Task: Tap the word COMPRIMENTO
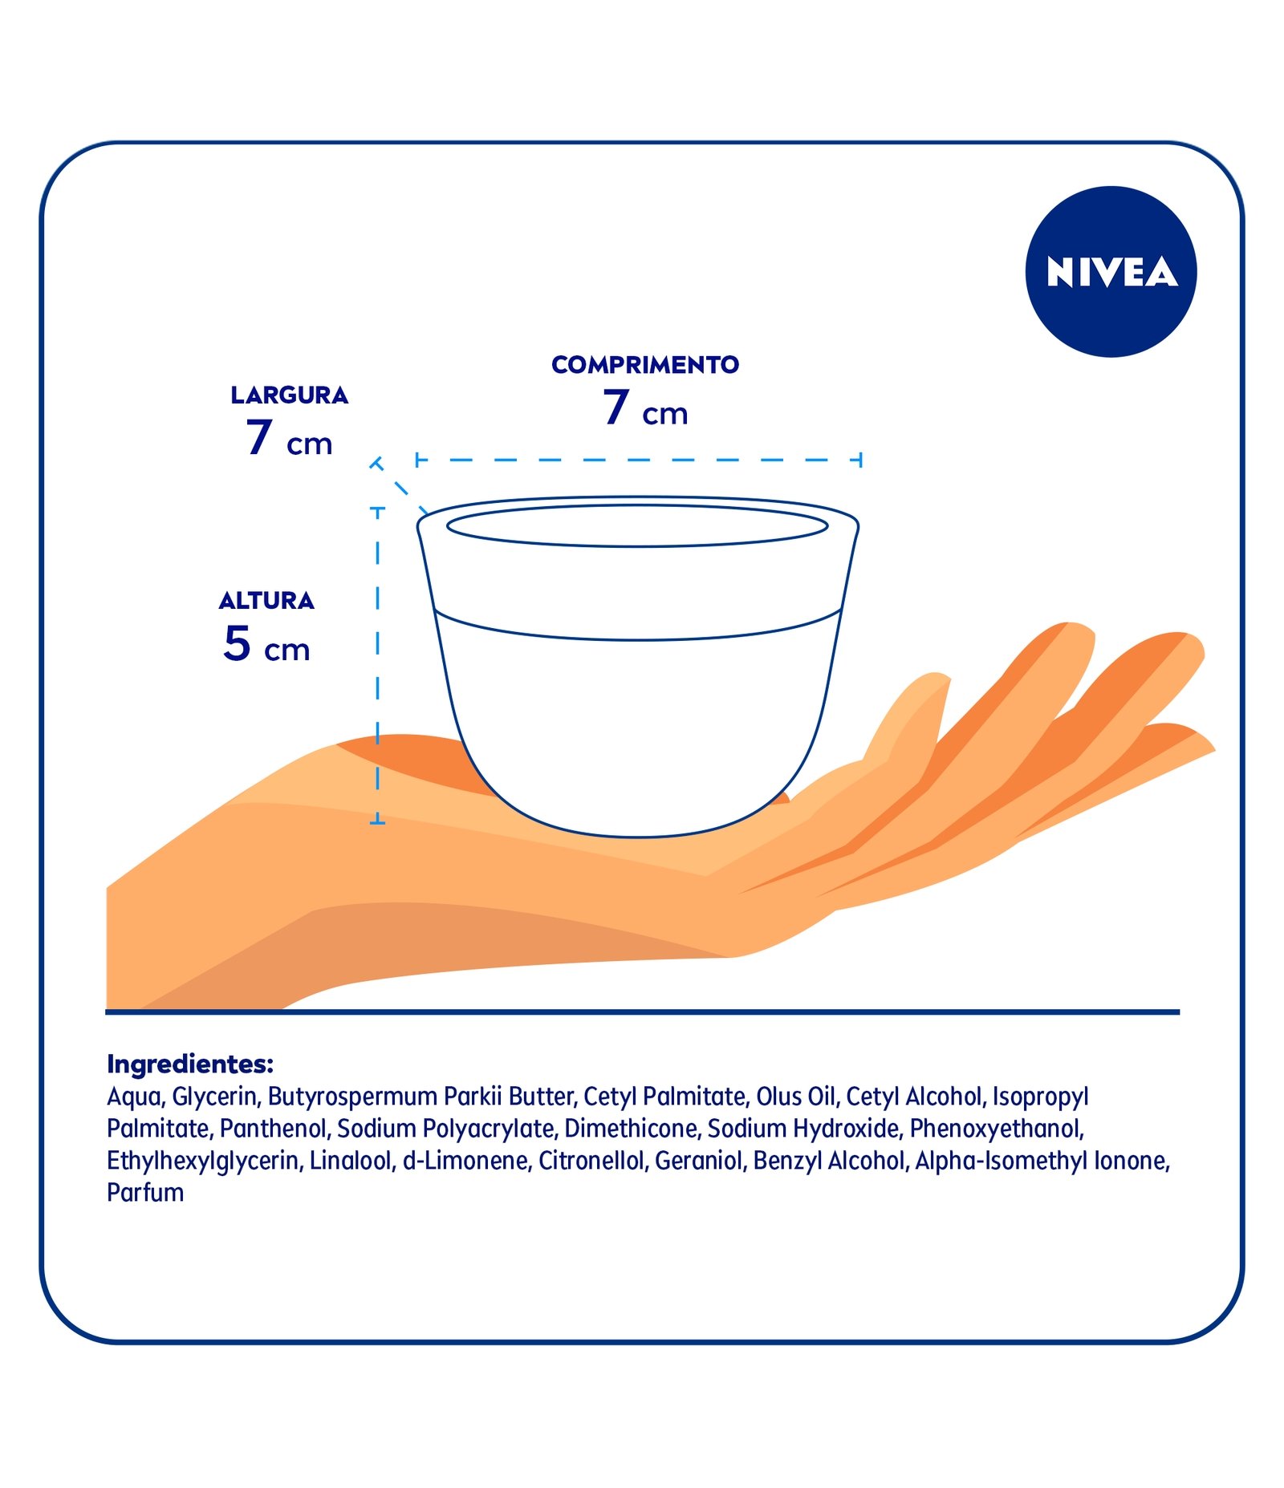click(644, 365)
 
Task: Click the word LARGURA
click(289, 395)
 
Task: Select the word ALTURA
click(266, 601)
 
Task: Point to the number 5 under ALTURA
click(237, 643)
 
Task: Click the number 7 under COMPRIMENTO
click(616, 407)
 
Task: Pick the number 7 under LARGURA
click(258, 437)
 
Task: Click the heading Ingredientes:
click(190, 1064)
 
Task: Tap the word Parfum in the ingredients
click(145, 1193)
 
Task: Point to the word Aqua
click(133, 1097)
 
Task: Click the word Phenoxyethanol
click(996, 1129)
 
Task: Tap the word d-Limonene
click(465, 1161)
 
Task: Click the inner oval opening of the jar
click(636, 526)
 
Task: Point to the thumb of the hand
click(915, 714)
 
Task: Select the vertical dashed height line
click(377, 666)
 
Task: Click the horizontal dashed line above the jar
click(638, 460)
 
